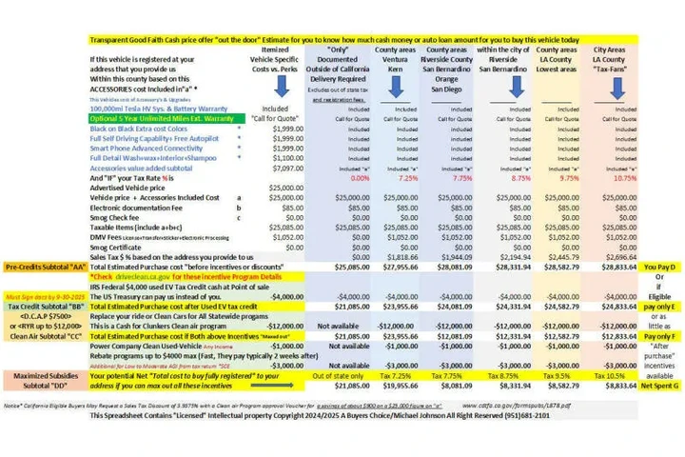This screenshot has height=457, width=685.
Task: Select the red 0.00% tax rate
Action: coord(333,178)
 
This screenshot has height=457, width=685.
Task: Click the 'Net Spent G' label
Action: coord(659,386)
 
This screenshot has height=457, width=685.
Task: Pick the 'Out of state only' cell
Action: coord(333,376)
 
